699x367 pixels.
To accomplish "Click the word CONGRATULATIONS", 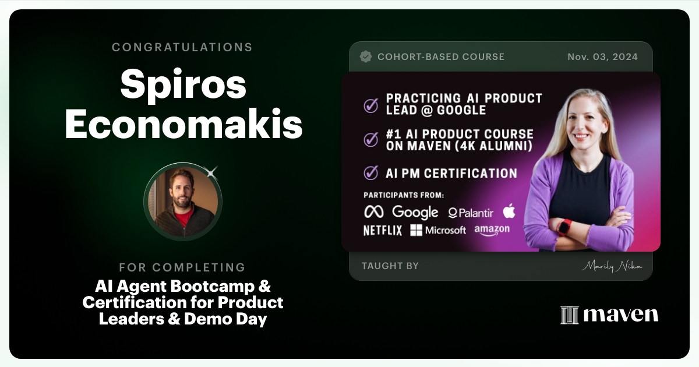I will coord(182,47).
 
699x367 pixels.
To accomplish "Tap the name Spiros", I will coord(183,85).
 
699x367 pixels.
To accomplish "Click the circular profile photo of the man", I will coord(183,202).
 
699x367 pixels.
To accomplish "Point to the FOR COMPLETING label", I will coord(182,267).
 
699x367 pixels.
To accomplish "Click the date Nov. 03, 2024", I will coord(602,57).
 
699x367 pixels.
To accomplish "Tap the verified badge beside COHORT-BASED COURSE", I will coord(366,57).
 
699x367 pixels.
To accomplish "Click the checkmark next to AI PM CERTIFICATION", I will coord(370,173).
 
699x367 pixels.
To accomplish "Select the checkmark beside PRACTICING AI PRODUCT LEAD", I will coord(370,105).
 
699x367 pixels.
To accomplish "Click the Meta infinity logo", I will coord(374,211).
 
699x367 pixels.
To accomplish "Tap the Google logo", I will coord(415,212).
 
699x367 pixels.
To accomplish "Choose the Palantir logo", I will coord(471,213).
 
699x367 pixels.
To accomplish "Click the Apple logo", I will coord(509,210).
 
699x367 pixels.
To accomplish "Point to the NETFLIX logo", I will coord(383,230).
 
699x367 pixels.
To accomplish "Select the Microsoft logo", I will coord(438,230).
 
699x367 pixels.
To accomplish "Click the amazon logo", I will coord(492,230).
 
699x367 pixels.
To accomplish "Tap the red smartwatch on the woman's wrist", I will coord(564,227).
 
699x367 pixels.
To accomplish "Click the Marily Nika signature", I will coord(611,266).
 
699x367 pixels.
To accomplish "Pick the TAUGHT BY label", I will coord(390,266).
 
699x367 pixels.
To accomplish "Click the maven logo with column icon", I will coord(609,315).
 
